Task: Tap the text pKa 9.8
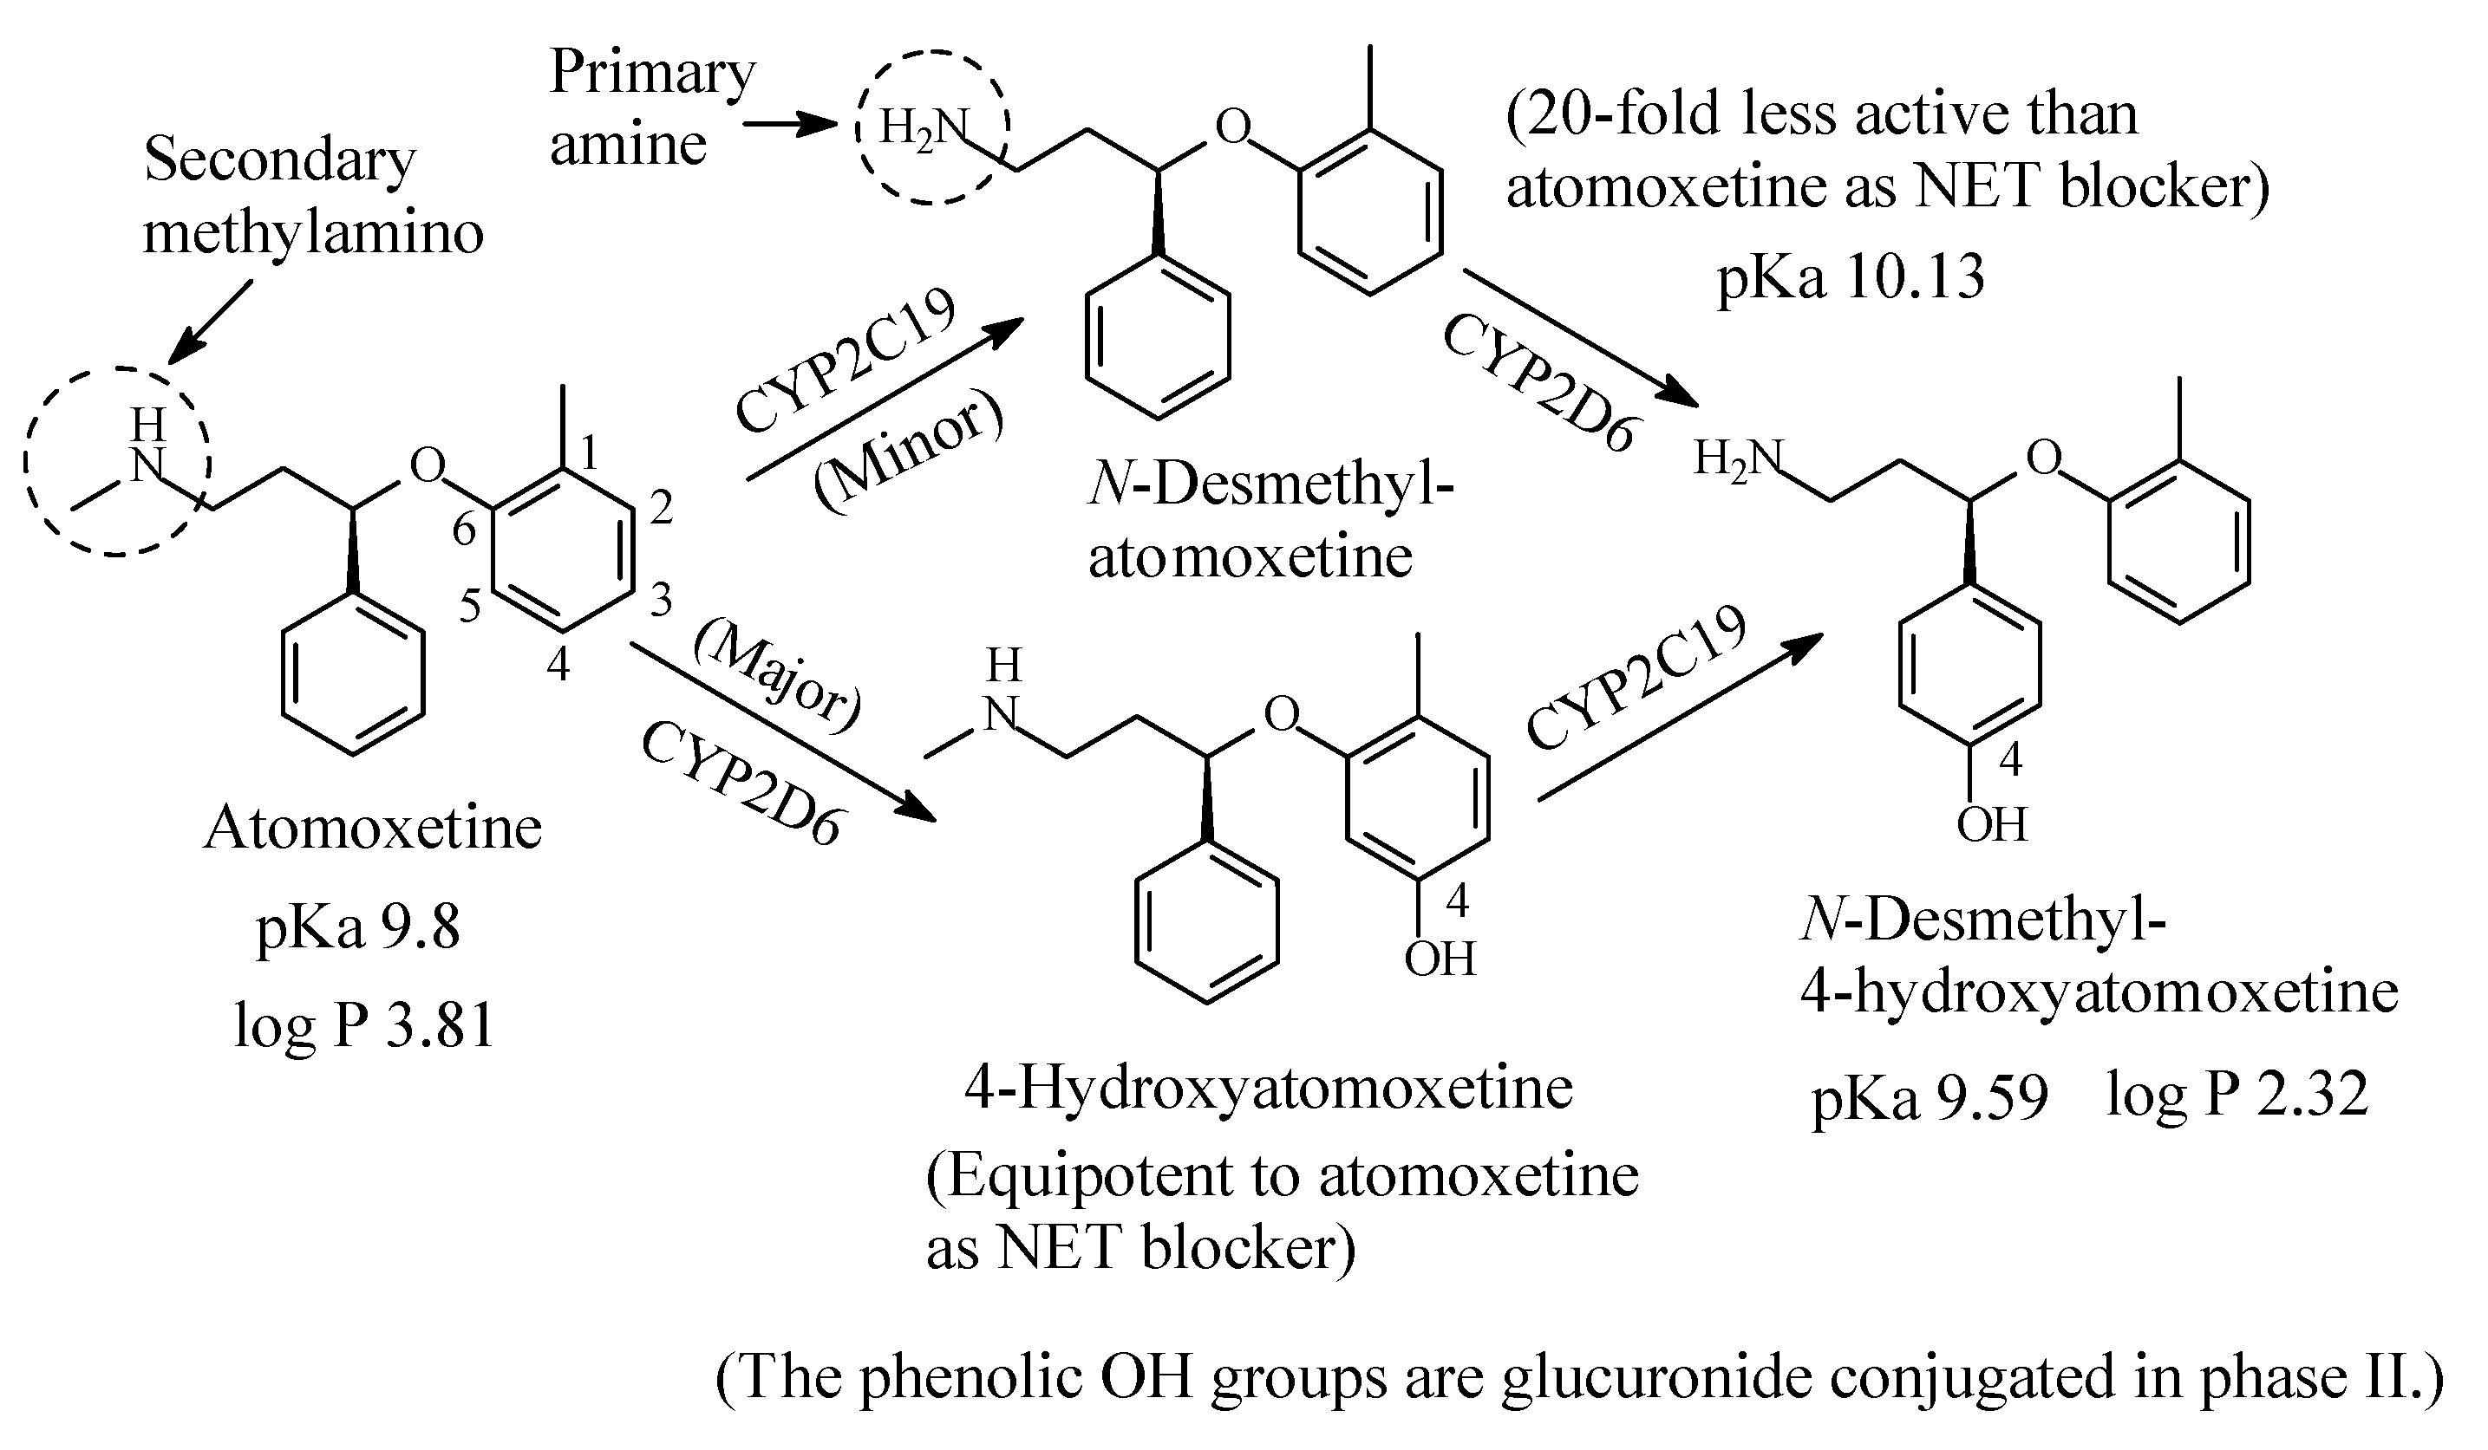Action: pos(357,928)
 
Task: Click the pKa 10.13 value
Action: pos(1851,277)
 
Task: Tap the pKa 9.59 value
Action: pos(1930,1097)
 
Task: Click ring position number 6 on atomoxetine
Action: pos(464,530)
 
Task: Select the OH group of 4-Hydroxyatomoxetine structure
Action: pos(1440,959)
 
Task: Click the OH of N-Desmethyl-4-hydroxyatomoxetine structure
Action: pos(1991,824)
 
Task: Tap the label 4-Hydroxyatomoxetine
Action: pos(1268,1089)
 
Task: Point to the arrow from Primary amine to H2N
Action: pos(790,126)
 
